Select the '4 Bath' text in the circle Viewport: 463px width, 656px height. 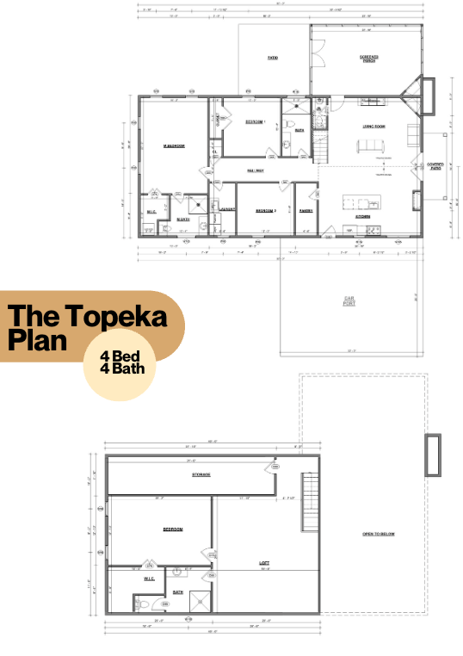(122, 371)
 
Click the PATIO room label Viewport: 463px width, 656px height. (271, 58)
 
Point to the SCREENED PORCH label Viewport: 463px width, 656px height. (369, 59)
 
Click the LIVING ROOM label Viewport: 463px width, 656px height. (373, 127)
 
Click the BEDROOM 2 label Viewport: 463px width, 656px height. (262, 209)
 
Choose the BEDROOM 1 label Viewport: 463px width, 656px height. (256, 121)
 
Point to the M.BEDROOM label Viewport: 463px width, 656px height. (175, 145)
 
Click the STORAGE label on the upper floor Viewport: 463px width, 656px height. (201, 474)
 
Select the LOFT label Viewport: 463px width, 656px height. (264, 564)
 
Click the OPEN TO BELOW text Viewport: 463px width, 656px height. (379, 535)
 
